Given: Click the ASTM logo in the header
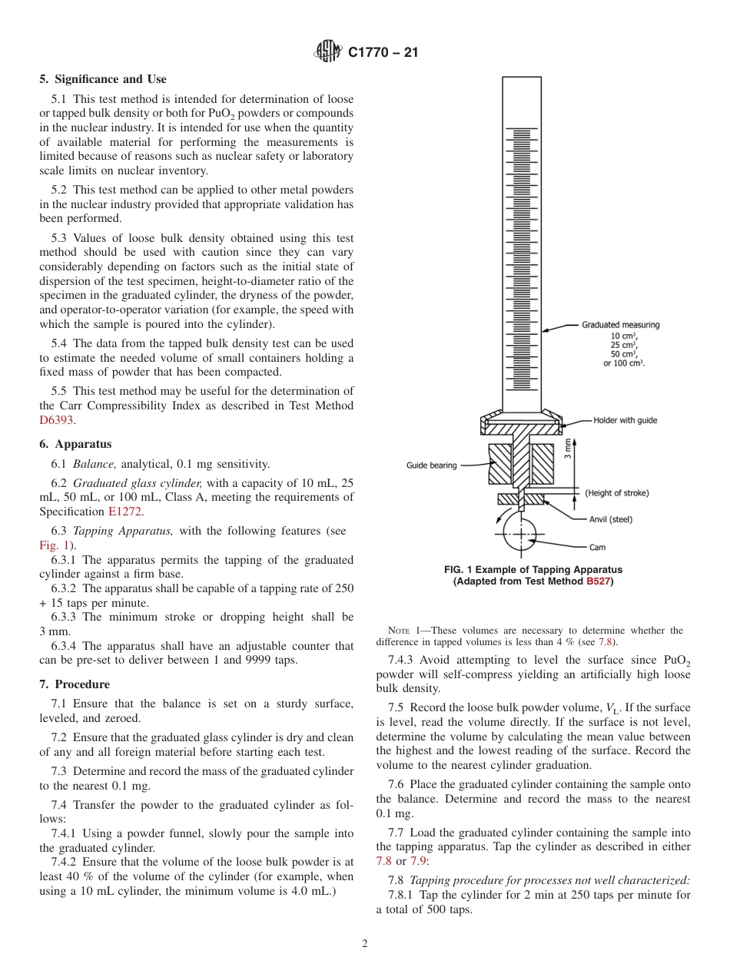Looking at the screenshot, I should tap(328, 52).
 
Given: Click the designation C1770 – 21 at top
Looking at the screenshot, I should tap(383, 53).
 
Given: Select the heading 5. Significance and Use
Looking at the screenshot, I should tap(103, 79).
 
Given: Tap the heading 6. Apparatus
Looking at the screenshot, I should tap(75, 444).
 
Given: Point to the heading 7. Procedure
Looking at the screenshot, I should tap(75, 684).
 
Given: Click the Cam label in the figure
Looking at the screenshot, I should tap(598, 548).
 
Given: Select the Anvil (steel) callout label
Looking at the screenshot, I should tap(611, 520).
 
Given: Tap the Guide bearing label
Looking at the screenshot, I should tap(432, 465).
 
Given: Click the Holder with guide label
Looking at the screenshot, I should tap(625, 421).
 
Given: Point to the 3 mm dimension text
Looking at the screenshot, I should tap(567, 448).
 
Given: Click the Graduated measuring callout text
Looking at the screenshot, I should tap(620, 325).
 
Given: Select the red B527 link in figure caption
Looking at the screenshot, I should tap(597, 581).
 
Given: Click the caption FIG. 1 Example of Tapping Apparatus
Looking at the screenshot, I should tap(533, 570).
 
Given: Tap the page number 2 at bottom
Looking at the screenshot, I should tap(365, 944).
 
